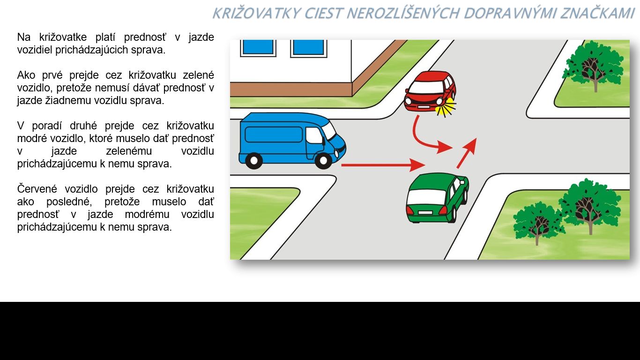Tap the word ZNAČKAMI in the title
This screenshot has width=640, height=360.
[597, 13]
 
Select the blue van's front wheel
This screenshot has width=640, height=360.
[323, 160]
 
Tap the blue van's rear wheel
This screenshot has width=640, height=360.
[254, 160]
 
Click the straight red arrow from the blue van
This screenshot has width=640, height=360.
[383, 165]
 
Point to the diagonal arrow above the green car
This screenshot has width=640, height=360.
[466, 153]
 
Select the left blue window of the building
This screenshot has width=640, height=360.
[258, 47]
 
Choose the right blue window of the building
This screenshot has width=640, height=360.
[309, 47]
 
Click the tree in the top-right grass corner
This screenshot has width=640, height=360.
[593, 66]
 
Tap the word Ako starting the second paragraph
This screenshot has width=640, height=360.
[25, 75]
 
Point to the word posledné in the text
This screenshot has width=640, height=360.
[69, 202]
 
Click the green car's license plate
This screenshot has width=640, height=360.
[425, 213]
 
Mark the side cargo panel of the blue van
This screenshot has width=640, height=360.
[274, 135]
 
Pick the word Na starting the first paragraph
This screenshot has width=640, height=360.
[24, 37]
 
